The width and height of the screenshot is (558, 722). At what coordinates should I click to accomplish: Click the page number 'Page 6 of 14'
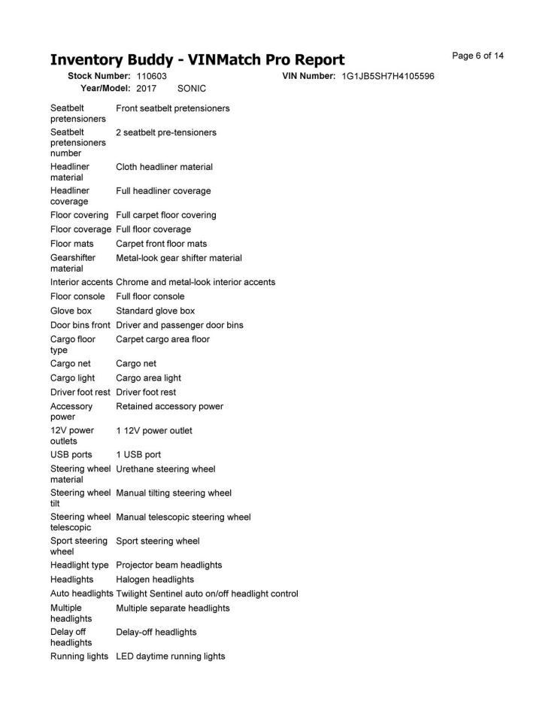click(478, 56)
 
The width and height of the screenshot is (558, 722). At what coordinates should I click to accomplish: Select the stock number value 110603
click(152, 77)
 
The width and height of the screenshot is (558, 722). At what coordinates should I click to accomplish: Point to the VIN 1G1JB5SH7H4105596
click(388, 77)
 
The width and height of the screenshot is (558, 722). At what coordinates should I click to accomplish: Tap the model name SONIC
click(192, 88)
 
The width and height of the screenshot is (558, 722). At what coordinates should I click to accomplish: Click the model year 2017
click(147, 88)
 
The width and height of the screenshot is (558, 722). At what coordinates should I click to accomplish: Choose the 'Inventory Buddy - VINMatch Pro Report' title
click(197, 59)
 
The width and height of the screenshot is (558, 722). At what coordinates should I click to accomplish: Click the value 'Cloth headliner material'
click(164, 167)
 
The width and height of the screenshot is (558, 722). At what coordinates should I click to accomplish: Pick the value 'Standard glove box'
click(155, 311)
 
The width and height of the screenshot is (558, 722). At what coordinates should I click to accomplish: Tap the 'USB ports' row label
click(71, 455)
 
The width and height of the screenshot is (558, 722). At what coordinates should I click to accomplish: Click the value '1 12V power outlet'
click(154, 431)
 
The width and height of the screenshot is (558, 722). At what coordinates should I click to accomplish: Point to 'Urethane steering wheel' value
click(165, 469)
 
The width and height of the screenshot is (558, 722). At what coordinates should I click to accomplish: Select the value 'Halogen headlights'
click(155, 580)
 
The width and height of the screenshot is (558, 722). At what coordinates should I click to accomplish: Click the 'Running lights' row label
click(79, 657)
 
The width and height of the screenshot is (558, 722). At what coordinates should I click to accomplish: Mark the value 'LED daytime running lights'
click(171, 657)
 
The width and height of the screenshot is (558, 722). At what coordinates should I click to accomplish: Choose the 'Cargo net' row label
click(71, 363)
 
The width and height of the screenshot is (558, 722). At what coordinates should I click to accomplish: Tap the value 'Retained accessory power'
click(169, 407)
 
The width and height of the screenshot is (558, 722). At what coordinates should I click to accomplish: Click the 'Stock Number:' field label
click(99, 77)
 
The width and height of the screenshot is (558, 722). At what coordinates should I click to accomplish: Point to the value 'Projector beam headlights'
click(169, 565)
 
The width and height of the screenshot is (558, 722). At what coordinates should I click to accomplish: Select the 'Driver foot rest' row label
click(80, 393)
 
